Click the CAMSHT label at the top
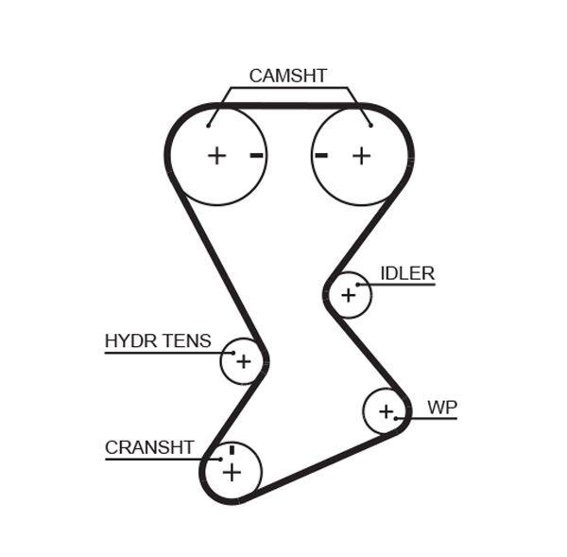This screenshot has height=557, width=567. pyautogui.click(x=287, y=76)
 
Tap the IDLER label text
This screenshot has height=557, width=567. pyautogui.click(x=406, y=273)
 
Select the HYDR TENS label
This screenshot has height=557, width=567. pyautogui.click(x=158, y=341)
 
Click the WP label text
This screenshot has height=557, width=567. pyautogui.click(x=441, y=408)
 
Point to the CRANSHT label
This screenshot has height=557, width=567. pyautogui.click(x=149, y=447)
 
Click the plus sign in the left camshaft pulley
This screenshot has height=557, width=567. pyautogui.click(x=217, y=155)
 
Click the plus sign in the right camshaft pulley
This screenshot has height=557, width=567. pyautogui.click(x=361, y=155)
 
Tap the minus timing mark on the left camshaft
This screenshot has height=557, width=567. pyautogui.click(x=256, y=155)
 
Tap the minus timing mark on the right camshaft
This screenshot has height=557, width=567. pyautogui.click(x=321, y=155)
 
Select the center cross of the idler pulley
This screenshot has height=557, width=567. pyautogui.click(x=348, y=295)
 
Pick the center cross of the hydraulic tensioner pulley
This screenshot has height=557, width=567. pyautogui.click(x=243, y=361)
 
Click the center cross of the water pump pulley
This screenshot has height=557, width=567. pyautogui.click(x=386, y=411)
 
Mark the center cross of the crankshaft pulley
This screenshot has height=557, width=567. pyautogui.click(x=232, y=472)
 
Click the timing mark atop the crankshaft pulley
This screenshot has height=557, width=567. pyautogui.click(x=231, y=449)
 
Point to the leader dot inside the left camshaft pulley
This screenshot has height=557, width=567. pyautogui.click(x=209, y=124)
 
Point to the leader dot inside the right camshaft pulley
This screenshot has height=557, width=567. pyautogui.click(x=370, y=124)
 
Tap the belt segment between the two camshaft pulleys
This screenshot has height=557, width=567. pyautogui.click(x=288, y=106)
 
